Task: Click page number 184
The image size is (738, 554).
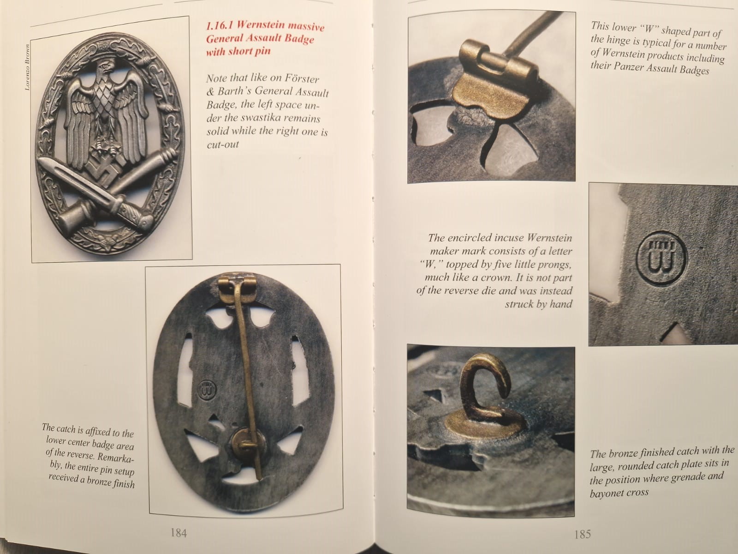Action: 179,533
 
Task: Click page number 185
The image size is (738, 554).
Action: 583,534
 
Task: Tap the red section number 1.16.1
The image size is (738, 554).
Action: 220,25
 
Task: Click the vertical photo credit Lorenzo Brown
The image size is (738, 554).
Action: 28,67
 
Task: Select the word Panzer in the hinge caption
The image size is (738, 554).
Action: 628,67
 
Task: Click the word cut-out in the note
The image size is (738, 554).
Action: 222,145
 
